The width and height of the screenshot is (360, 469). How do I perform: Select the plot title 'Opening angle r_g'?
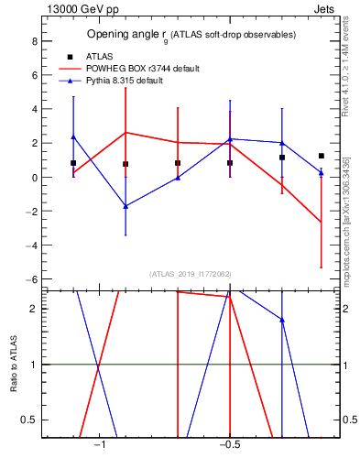pyautogui.click(x=127, y=35)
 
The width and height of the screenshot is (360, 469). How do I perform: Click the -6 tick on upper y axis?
pyautogui.click(x=31, y=279)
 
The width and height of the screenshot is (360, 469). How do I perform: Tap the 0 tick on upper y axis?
pyautogui.click(x=33, y=178)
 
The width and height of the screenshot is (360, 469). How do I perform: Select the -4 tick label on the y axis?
pyautogui.click(x=31, y=245)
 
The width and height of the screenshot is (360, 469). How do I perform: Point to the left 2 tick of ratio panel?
pyautogui.click(x=33, y=309)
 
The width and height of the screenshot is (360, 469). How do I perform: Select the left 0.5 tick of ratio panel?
pyautogui.click(x=29, y=420)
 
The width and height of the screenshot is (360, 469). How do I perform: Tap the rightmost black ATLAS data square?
pyautogui.click(x=322, y=156)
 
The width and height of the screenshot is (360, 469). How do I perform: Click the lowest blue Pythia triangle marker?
pyautogui.click(x=125, y=206)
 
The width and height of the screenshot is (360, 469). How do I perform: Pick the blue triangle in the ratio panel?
pyautogui.click(x=282, y=320)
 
